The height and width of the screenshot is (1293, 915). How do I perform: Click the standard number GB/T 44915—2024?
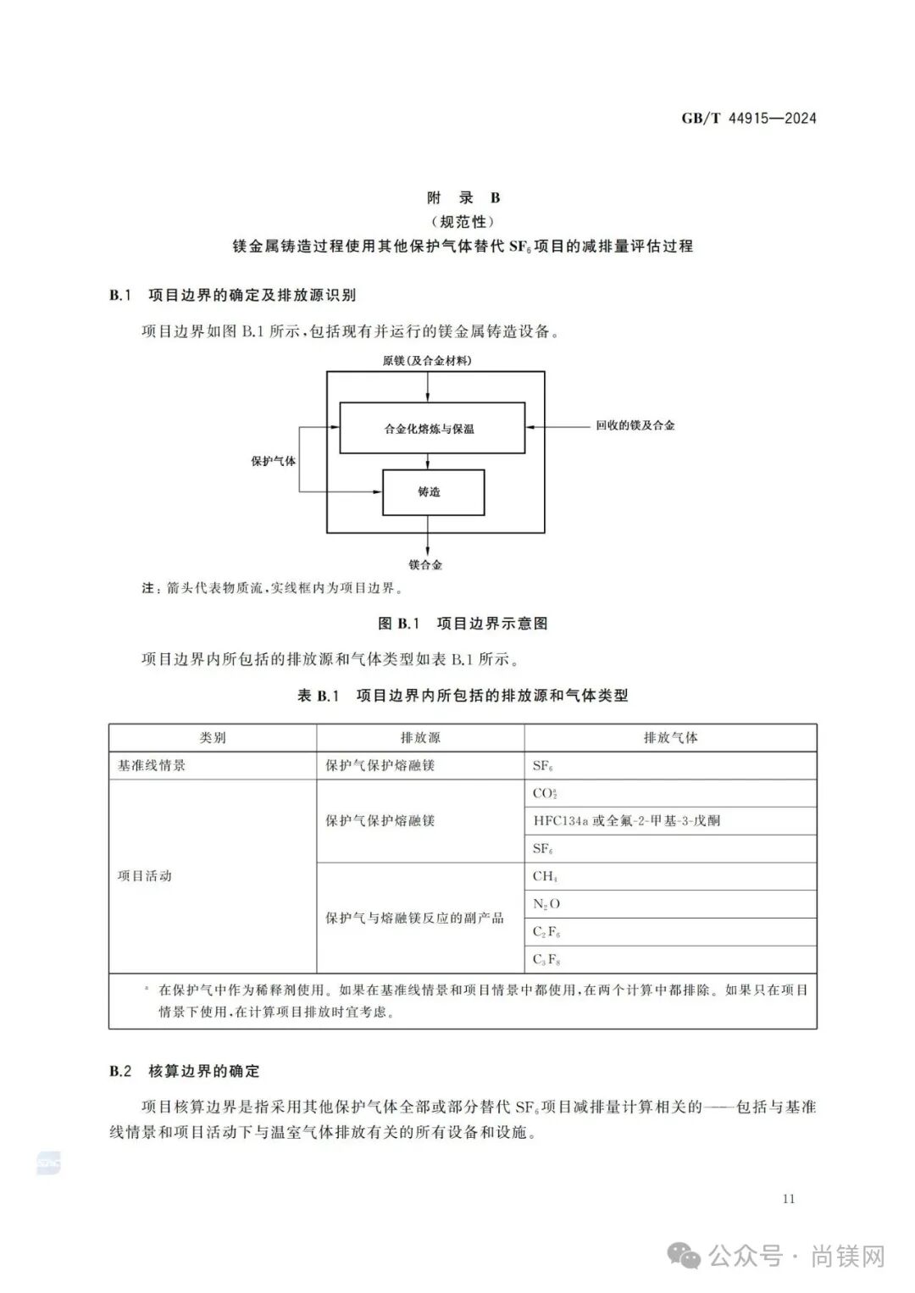tap(749, 119)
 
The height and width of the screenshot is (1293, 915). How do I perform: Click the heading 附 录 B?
tap(463, 197)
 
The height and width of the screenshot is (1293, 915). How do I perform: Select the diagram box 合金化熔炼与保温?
tap(430, 429)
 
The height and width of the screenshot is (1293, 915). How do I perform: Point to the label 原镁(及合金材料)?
tap(427, 361)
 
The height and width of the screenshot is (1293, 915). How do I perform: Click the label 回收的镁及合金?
tap(635, 425)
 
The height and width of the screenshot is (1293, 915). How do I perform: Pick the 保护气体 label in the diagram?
tap(273, 461)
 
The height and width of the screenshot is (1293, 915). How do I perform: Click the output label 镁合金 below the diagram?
tap(425, 564)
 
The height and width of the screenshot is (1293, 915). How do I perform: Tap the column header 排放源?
tap(420, 738)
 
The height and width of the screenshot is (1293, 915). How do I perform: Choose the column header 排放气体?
tap(670, 738)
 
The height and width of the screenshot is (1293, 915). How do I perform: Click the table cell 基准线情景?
tap(152, 766)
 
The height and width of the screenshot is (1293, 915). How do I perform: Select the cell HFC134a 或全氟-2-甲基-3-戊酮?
tap(627, 821)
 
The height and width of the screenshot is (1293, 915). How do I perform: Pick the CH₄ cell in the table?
tap(545, 877)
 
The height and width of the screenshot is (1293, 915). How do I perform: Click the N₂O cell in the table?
tap(546, 904)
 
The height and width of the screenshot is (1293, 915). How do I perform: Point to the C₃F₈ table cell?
tap(546, 960)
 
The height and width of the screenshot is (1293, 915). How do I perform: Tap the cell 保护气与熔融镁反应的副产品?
tap(415, 918)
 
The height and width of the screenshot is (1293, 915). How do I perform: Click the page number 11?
tap(789, 1199)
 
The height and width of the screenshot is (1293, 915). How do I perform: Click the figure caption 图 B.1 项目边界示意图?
tap(463, 624)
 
